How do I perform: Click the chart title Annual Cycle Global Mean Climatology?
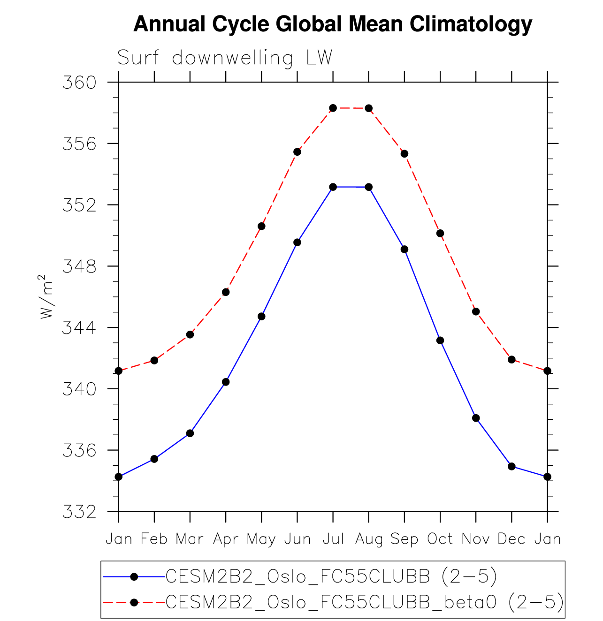point(333,24)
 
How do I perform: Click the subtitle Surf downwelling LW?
point(225,58)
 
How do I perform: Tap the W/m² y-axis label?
point(46,297)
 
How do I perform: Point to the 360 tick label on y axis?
point(79,83)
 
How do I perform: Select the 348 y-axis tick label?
point(79,266)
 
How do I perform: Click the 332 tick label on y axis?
point(79,512)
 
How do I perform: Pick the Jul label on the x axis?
point(333,539)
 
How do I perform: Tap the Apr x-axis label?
point(226,539)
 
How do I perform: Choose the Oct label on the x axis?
point(440,539)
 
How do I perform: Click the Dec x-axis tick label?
point(511,539)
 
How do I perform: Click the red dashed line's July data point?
point(333,108)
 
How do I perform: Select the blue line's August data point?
point(369,187)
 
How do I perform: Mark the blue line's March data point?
point(190,433)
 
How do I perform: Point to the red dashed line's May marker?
point(261,226)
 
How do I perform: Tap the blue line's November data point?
point(476,418)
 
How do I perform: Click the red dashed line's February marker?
point(154,360)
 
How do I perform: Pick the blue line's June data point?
point(297,242)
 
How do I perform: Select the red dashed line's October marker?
point(440,233)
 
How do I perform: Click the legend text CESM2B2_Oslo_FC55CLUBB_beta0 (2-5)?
point(364,602)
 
